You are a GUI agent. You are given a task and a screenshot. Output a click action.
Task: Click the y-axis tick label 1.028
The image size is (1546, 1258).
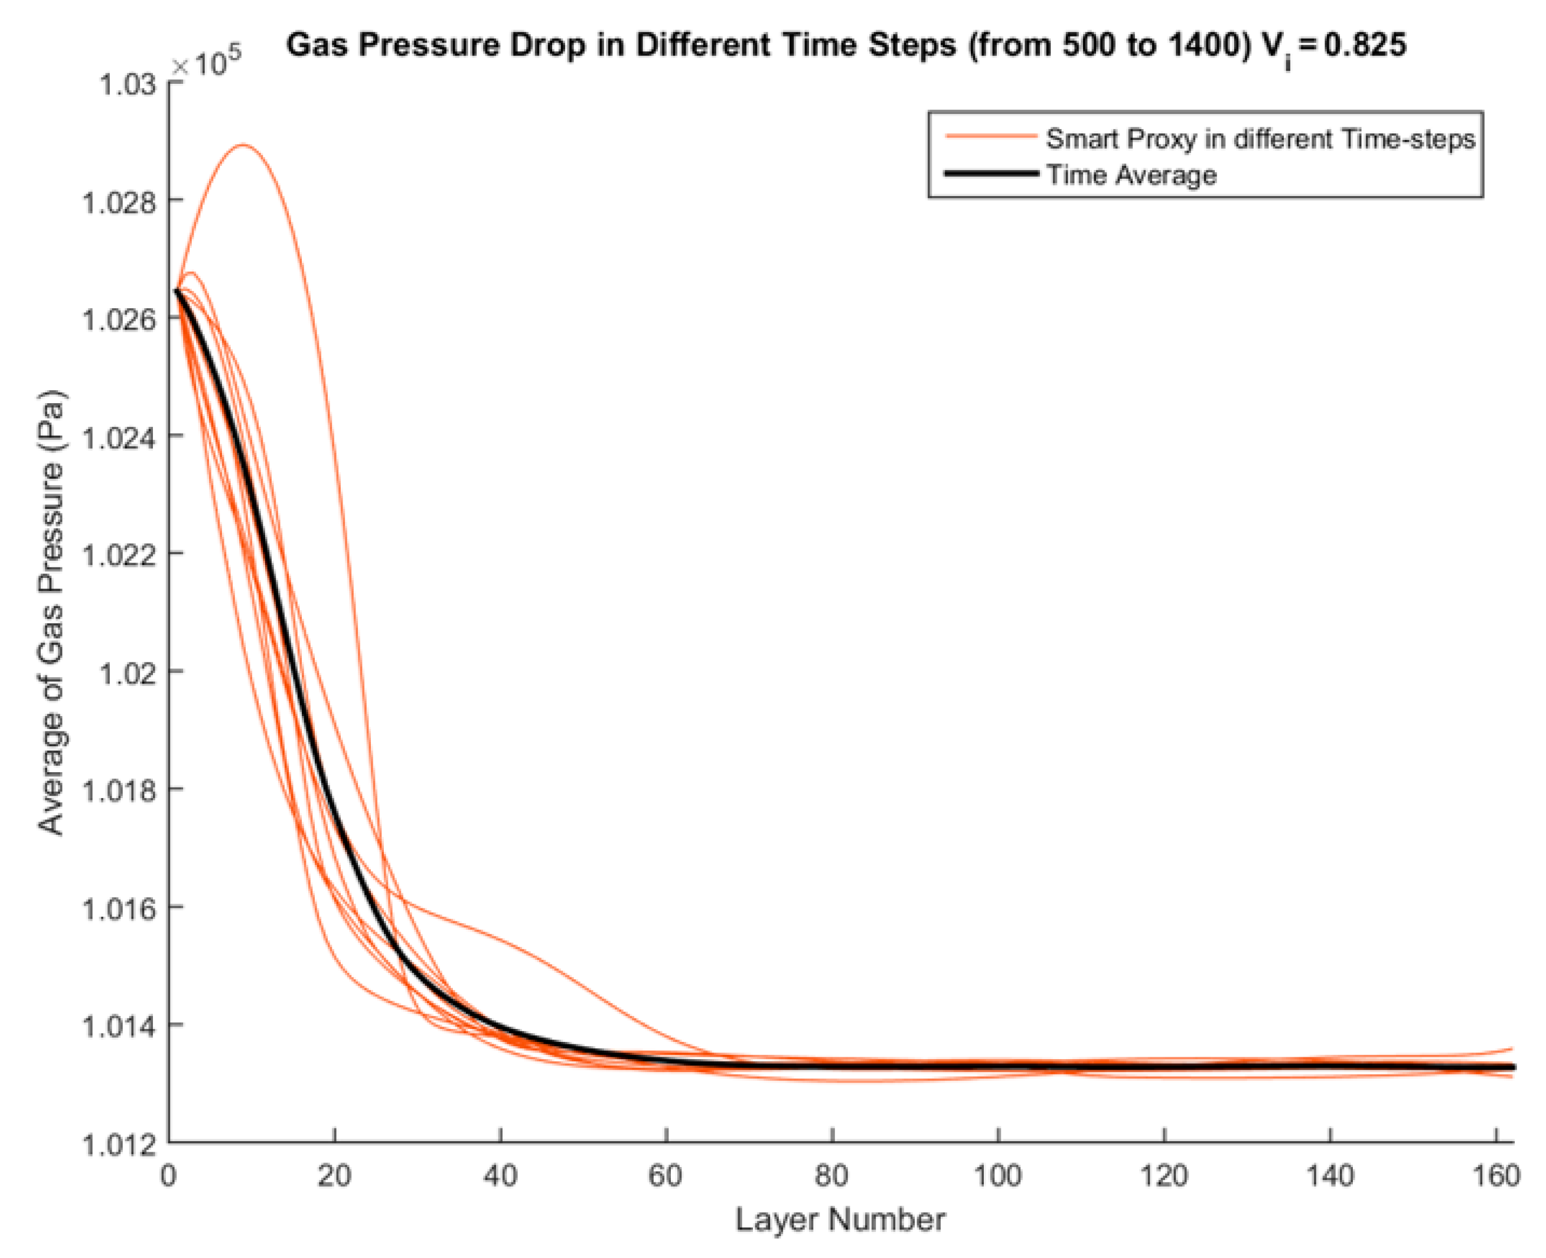pyautogui.click(x=119, y=202)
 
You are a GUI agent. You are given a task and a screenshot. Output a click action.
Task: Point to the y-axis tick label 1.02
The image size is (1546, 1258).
pyautogui.click(x=128, y=673)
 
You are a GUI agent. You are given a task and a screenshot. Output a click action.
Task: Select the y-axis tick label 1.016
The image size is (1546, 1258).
pyautogui.click(x=119, y=908)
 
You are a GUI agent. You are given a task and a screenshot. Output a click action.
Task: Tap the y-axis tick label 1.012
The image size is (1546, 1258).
pyautogui.click(x=119, y=1145)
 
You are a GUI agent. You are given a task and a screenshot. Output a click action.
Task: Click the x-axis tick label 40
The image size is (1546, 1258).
pyautogui.click(x=500, y=1175)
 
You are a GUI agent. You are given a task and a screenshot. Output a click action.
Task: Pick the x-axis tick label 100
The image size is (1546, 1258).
pyautogui.click(x=997, y=1175)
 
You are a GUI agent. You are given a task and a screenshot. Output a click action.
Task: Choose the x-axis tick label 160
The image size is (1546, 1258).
pyautogui.click(x=1496, y=1175)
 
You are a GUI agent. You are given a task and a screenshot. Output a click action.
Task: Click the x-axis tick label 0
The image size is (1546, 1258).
pyautogui.click(x=168, y=1175)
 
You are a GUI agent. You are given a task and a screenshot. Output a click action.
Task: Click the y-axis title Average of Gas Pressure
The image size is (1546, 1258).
pyautogui.click(x=51, y=612)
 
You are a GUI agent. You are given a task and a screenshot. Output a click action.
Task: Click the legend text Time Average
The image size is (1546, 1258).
pyautogui.click(x=1131, y=175)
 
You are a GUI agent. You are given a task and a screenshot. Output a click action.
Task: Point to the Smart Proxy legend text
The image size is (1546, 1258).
pyautogui.click(x=1260, y=138)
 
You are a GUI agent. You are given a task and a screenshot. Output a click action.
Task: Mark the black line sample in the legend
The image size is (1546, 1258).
pyautogui.click(x=991, y=173)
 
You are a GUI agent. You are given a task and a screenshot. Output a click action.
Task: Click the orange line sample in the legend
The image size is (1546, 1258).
pyautogui.click(x=991, y=136)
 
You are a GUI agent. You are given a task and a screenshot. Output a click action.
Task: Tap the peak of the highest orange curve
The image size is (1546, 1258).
pyautogui.click(x=243, y=145)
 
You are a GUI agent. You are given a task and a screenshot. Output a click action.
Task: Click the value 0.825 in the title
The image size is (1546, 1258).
pyautogui.click(x=1365, y=45)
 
